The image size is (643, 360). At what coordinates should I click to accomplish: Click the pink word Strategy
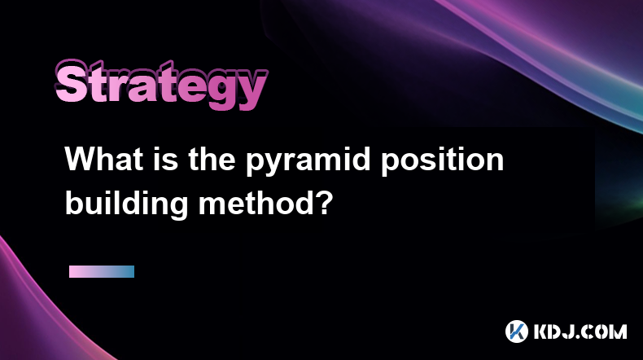click(x=161, y=85)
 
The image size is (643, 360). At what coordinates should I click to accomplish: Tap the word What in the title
click(x=104, y=159)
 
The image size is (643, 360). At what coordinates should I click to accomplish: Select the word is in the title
click(x=166, y=159)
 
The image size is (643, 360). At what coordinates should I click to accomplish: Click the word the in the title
click(x=212, y=159)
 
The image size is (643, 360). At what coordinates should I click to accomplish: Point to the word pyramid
click(x=308, y=162)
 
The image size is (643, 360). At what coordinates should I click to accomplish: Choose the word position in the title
click(x=443, y=162)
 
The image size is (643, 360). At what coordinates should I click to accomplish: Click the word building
click(x=126, y=204)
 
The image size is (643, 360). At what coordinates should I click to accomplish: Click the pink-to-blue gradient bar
click(x=102, y=271)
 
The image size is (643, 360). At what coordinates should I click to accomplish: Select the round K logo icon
click(x=517, y=331)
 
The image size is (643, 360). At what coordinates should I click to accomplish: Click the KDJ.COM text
click(x=580, y=331)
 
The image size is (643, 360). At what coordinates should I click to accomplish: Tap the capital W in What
click(x=82, y=159)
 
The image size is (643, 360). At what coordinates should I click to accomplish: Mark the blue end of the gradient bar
click(x=130, y=271)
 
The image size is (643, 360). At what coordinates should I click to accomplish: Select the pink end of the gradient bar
click(x=73, y=271)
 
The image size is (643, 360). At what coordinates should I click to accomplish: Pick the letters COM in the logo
click(x=606, y=331)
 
